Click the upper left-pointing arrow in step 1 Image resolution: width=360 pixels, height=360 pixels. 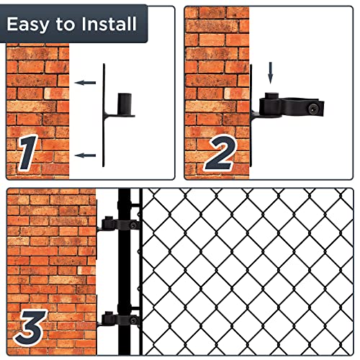[86, 83]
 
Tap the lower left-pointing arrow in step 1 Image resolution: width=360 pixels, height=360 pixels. [86, 155]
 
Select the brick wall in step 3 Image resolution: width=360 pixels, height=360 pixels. [50, 259]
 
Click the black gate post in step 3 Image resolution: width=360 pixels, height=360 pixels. [125, 274]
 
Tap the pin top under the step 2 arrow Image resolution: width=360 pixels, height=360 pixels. [272, 95]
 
